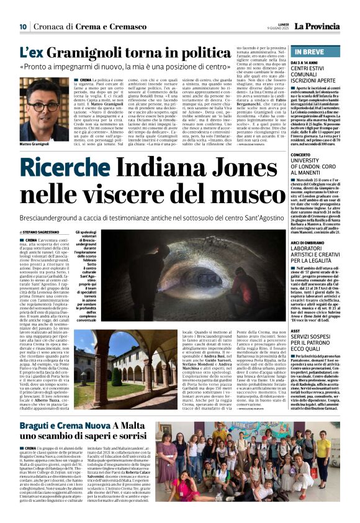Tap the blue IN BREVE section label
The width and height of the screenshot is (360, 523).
(310, 52)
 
